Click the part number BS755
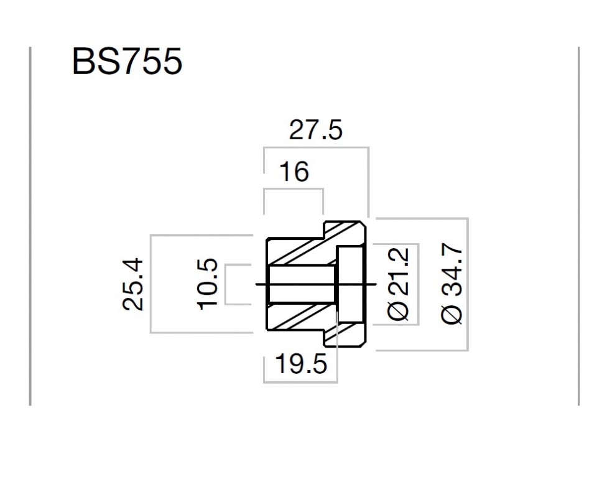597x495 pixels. click(127, 62)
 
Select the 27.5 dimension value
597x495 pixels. click(316, 130)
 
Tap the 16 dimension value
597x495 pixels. click(294, 172)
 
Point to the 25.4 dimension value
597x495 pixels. click(133, 284)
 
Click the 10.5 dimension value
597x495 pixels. click(208, 284)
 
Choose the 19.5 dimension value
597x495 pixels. click(301, 364)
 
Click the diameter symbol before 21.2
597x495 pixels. click(398, 310)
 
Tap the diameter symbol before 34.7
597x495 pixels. click(452, 314)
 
